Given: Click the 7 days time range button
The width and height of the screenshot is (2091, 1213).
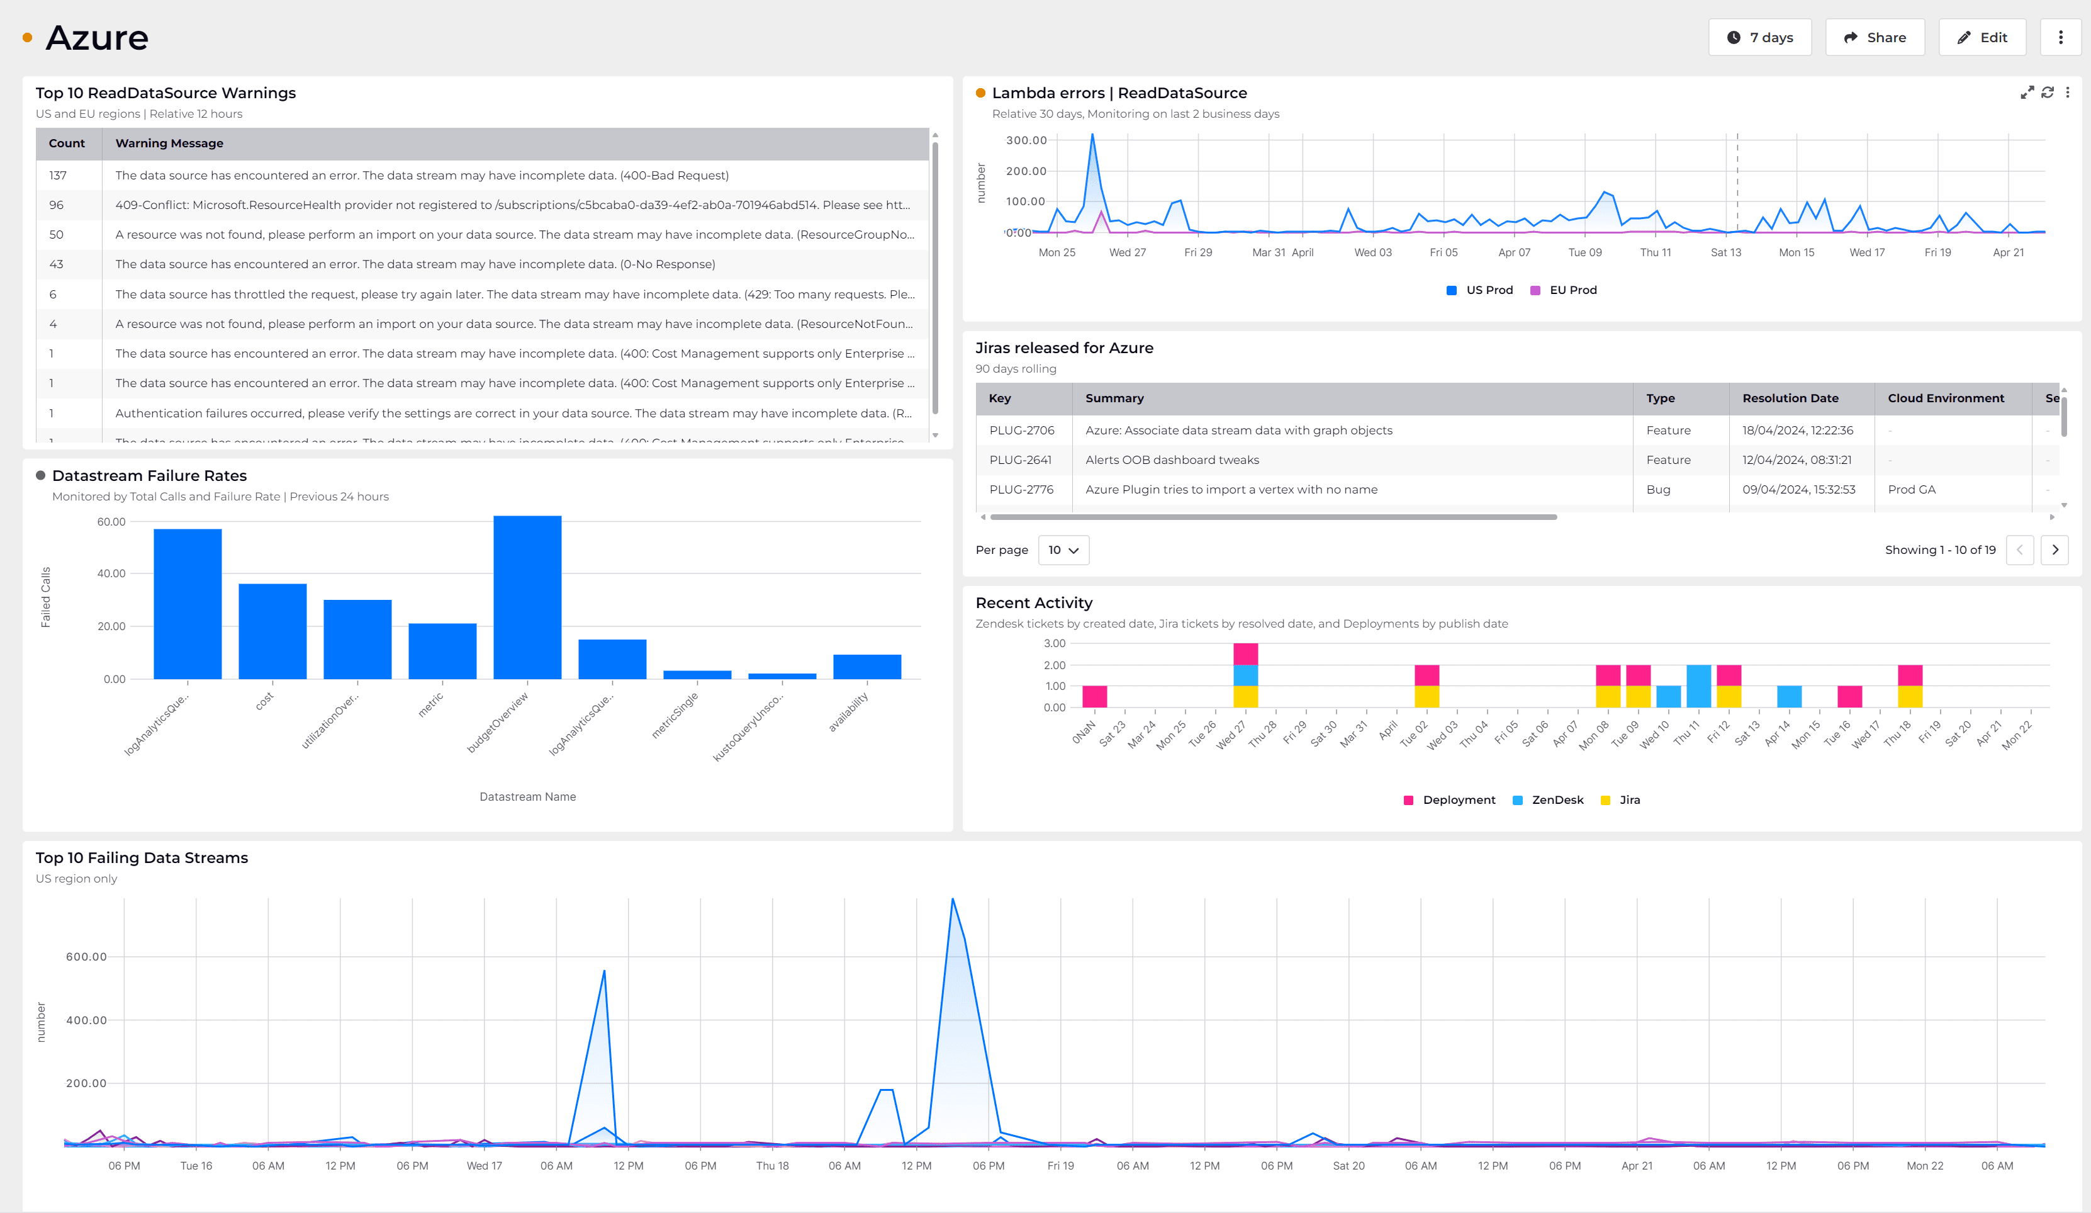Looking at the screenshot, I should (x=1759, y=37).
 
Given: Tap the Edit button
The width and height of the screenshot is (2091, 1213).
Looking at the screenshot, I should (x=1982, y=37).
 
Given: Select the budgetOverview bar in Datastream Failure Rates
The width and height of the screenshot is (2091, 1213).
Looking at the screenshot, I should (x=527, y=598).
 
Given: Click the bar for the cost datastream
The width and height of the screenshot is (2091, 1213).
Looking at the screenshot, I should (x=272, y=631).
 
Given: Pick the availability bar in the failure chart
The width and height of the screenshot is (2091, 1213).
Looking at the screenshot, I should (x=866, y=667).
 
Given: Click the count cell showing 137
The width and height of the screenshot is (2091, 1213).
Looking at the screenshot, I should (x=58, y=175).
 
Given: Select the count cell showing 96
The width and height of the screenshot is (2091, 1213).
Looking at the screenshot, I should (x=57, y=205).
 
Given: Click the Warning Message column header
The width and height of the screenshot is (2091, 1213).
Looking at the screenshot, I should (x=169, y=143).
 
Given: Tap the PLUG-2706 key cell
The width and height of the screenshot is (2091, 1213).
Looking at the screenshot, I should (x=1021, y=430).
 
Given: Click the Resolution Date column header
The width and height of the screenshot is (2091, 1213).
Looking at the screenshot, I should (x=1790, y=398).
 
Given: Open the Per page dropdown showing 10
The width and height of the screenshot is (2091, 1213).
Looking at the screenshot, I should (x=1063, y=550).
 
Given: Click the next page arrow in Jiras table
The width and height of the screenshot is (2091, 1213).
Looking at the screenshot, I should (x=2055, y=550).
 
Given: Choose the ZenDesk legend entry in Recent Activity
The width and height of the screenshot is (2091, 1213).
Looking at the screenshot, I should (x=1549, y=799).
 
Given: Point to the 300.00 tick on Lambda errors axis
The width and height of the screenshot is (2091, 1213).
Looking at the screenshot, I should (x=1026, y=140).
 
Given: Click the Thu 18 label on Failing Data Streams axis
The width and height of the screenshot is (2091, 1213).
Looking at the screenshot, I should (x=771, y=1166).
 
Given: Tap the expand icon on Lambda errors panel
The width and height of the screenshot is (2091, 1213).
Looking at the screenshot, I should (x=2026, y=92).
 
